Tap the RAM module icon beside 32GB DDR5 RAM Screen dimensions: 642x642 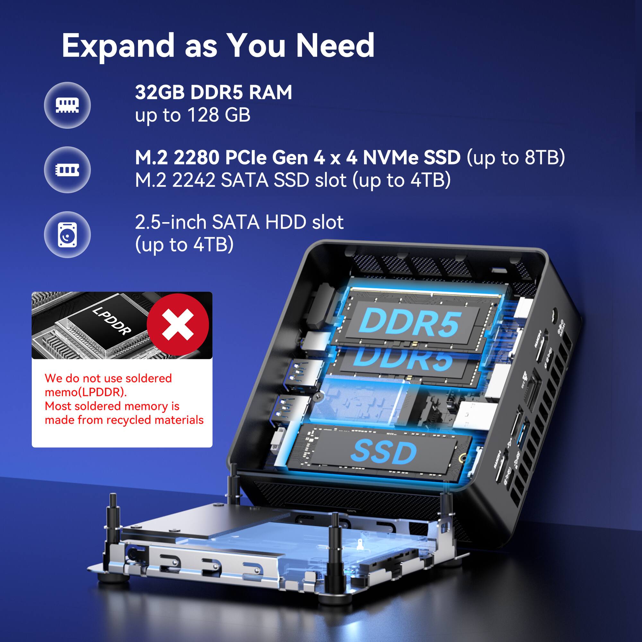67,105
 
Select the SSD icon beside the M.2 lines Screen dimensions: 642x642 67,170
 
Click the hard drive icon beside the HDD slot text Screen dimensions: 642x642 67,235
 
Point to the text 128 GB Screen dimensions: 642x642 219,115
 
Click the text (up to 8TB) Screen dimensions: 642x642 516,158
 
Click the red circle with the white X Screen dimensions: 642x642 178,325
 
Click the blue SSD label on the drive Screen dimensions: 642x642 384,452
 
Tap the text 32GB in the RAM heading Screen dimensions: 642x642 160,92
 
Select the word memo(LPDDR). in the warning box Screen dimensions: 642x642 86,392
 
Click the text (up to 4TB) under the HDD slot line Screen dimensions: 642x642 185,245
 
